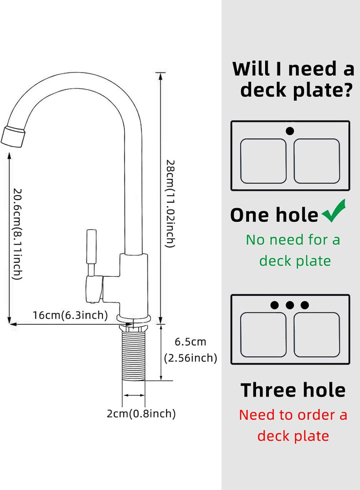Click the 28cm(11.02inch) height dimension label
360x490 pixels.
[x=170, y=203]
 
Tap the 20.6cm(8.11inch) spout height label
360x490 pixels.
[x=17, y=233]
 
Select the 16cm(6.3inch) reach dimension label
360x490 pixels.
[x=70, y=315]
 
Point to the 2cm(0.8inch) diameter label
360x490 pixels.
[x=141, y=413]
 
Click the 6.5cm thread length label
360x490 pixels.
[x=190, y=341]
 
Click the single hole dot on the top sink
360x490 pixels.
[x=289, y=131]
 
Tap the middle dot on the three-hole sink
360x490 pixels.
[x=289, y=305]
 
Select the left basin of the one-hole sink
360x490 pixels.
[x=263, y=161]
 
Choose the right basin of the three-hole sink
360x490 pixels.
[x=317, y=335]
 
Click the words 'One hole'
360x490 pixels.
[x=274, y=215]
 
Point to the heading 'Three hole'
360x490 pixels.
[x=293, y=390]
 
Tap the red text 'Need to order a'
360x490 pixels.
[x=293, y=415]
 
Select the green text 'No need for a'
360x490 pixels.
[x=293, y=240]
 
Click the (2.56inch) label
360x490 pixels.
[x=190, y=358]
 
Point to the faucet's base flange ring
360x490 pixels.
[x=133, y=319]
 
